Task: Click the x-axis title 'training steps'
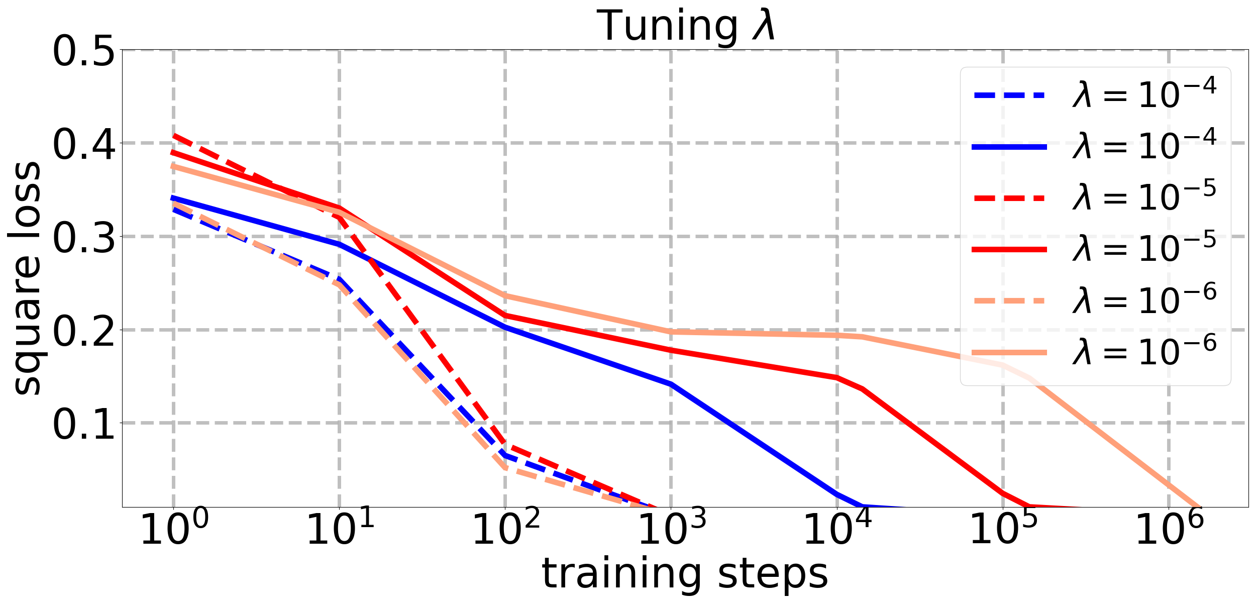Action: click(x=685, y=574)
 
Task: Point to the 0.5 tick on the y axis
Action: click(x=83, y=51)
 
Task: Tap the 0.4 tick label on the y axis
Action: click(x=83, y=144)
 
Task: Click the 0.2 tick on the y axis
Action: click(x=83, y=331)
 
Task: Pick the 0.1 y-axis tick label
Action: click(x=83, y=425)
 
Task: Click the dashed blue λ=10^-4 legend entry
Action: click(x=1095, y=94)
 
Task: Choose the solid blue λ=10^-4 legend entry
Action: click(x=1095, y=146)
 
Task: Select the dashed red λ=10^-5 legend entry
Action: click(x=1095, y=197)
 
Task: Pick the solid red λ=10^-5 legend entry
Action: click(x=1095, y=249)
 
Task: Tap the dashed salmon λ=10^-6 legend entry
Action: click(x=1095, y=300)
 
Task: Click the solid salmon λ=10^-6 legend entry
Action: click(x=1095, y=352)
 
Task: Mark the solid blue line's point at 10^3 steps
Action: click(x=671, y=384)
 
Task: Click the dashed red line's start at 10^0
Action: click(x=174, y=135)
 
